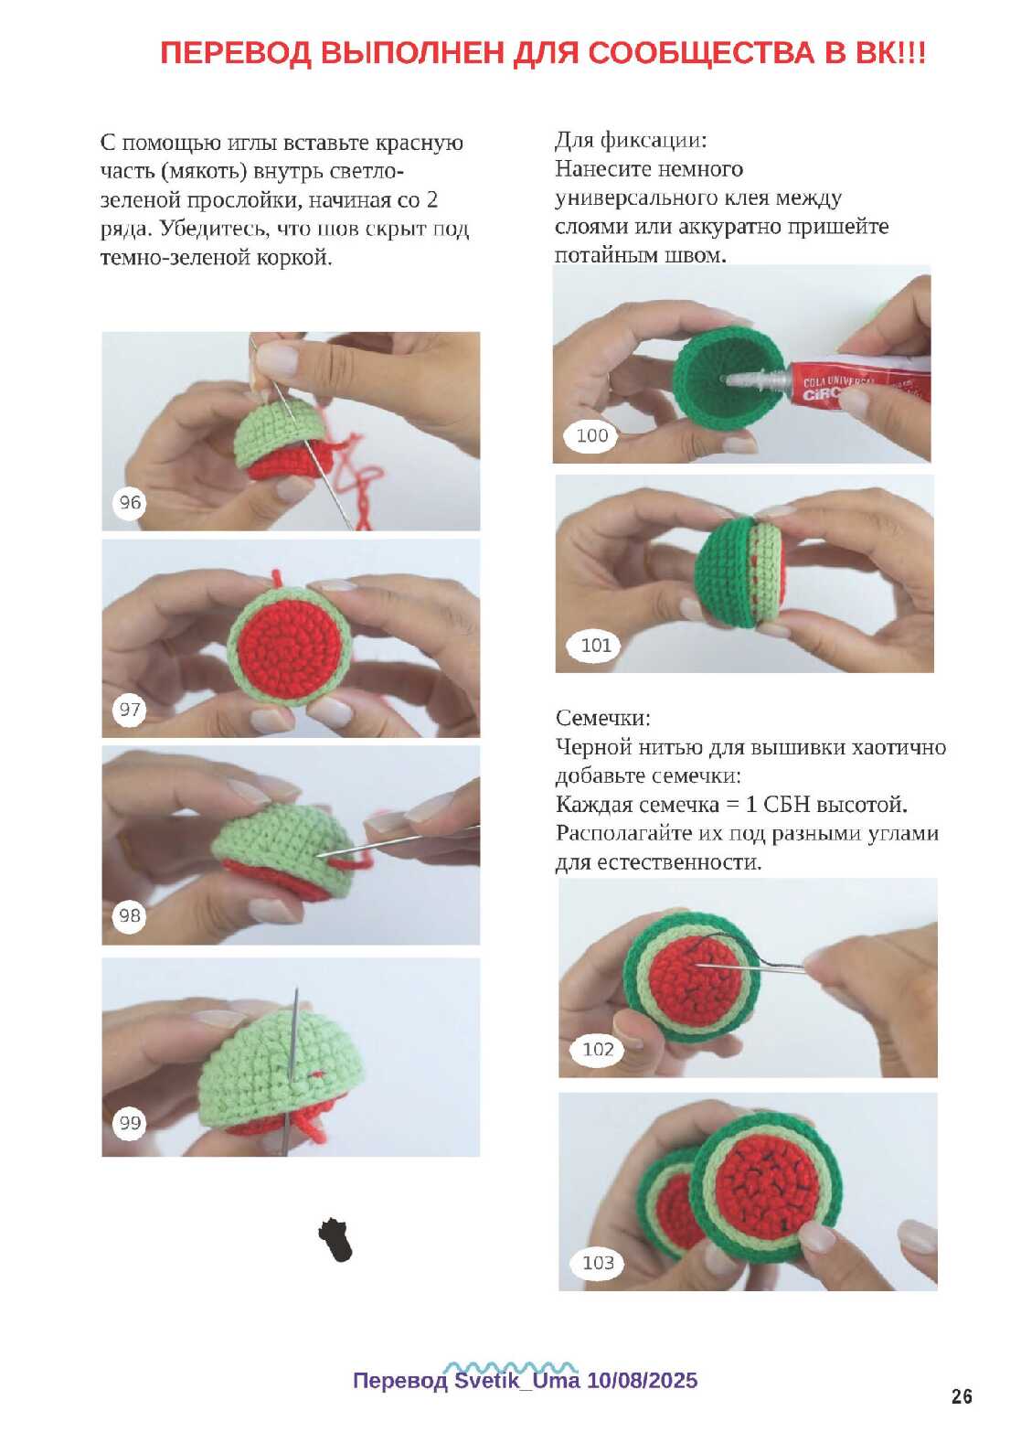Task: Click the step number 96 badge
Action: pyautogui.click(x=130, y=502)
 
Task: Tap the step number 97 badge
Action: pyautogui.click(x=130, y=710)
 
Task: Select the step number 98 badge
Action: pyautogui.click(x=130, y=915)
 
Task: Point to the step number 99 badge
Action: pyautogui.click(x=130, y=1124)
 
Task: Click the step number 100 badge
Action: pyautogui.click(x=591, y=436)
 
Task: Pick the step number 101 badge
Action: pyautogui.click(x=595, y=646)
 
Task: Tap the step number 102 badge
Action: pyautogui.click(x=598, y=1050)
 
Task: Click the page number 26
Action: pyautogui.click(x=962, y=1396)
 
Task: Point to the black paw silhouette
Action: pyautogui.click(x=336, y=1239)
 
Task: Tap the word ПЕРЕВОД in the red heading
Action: pyautogui.click(x=235, y=53)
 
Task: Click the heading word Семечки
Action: pyautogui.click(x=602, y=718)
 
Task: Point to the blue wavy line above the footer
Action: pyautogui.click(x=510, y=1365)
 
